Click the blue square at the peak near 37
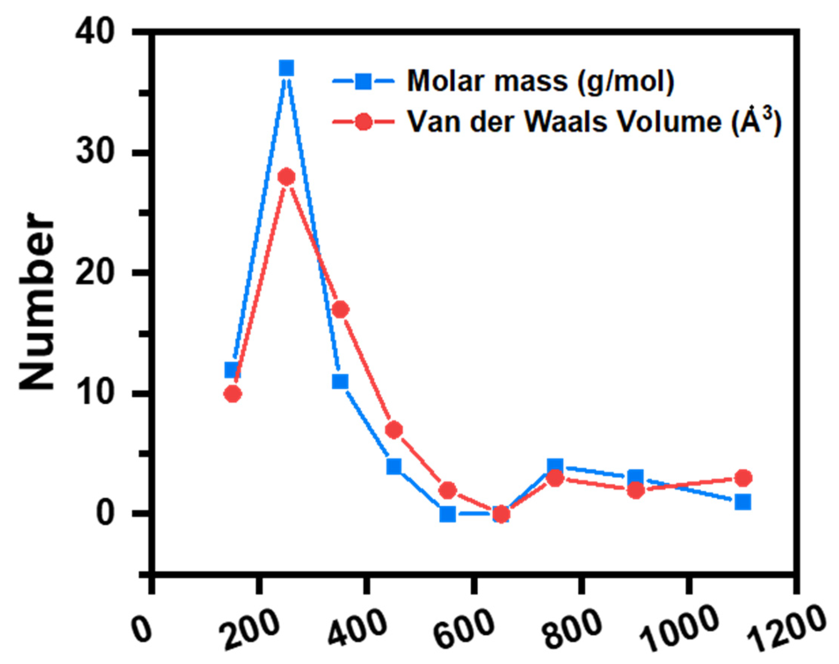click(287, 68)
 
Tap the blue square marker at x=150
click(233, 370)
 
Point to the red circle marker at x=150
click(233, 394)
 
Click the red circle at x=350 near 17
click(341, 309)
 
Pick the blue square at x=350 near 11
click(340, 382)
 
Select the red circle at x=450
click(394, 430)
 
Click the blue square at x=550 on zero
click(448, 514)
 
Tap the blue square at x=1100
click(743, 502)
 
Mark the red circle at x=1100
click(743, 478)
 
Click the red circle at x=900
click(635, 491)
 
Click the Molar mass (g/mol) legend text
click(540, 81)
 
